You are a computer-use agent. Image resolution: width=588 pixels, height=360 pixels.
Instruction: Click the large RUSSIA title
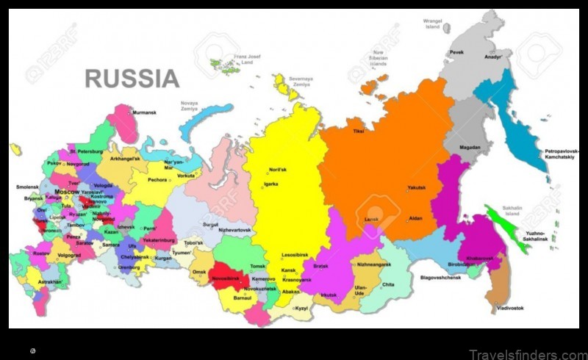tap(132, 78)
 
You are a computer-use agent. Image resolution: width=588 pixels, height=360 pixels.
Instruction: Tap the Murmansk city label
tap(143, 112)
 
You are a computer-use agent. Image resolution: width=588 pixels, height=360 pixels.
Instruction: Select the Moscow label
tap(67, 192)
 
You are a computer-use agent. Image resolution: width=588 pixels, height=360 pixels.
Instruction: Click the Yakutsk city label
tap(417, 187)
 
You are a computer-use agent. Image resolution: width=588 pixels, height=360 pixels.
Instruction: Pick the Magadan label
tap(470, 147)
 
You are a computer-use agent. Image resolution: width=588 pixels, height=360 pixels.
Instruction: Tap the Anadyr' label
tap(493, 57)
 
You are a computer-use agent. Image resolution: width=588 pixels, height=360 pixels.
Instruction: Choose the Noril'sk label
tap(277, 170)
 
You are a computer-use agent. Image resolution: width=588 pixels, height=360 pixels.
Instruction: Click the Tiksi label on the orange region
tap(359, 132)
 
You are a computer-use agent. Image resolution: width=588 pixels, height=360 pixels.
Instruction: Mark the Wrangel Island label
tap(433, 24)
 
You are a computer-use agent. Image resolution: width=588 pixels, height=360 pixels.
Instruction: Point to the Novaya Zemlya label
tap(189, 106)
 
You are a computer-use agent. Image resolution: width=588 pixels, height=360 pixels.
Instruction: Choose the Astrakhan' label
tap(50, 281)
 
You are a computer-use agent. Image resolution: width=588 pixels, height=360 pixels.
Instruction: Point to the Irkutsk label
tap(328, 295)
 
